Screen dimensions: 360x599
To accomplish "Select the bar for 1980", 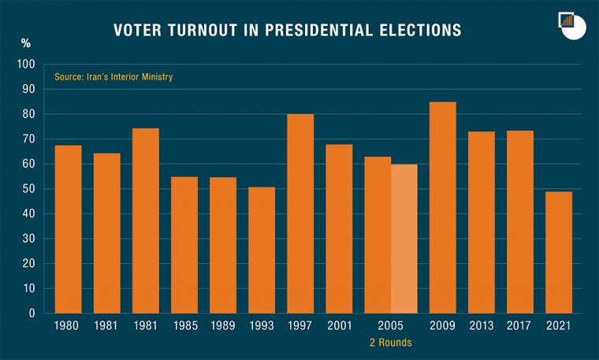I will (x=68, y=229).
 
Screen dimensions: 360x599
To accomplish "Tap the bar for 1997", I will (x=300, y=213).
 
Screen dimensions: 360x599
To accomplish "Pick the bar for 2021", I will (x=559, y=252).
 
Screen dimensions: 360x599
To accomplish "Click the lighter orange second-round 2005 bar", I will (x=404, y=239).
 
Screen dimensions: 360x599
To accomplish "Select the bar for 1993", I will (x=262, y=250).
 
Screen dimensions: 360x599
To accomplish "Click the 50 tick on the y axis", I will (x=29, y=189).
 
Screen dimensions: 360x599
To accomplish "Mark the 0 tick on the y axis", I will (x=32, y=314).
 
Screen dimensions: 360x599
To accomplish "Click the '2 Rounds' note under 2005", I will (x=391, y=343).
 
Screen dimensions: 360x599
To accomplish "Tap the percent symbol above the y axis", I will (x=26, y=43).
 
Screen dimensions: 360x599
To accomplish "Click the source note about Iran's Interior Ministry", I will (x=113, y=77).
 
